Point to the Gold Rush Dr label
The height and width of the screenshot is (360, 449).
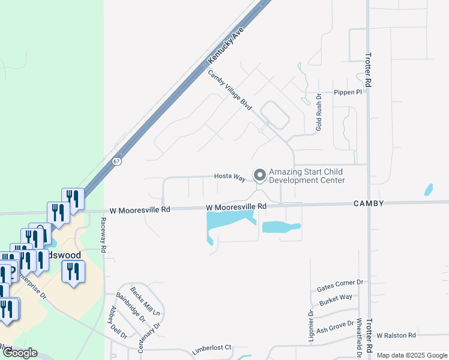coord(319,112)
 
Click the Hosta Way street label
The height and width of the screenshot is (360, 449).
coord(231,178)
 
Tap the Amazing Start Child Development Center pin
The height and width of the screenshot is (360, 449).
coord(260,175)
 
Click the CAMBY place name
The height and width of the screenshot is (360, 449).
coord(369,204)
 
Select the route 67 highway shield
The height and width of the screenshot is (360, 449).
coord(116,161)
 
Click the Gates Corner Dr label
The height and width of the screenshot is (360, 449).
coord(340,286)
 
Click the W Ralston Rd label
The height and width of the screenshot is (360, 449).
coord(396,335)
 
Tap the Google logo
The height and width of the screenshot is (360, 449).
coord(20,353)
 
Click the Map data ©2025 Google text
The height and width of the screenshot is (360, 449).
coord(411,355)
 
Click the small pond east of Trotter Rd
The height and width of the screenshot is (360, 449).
coord(429,190)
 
